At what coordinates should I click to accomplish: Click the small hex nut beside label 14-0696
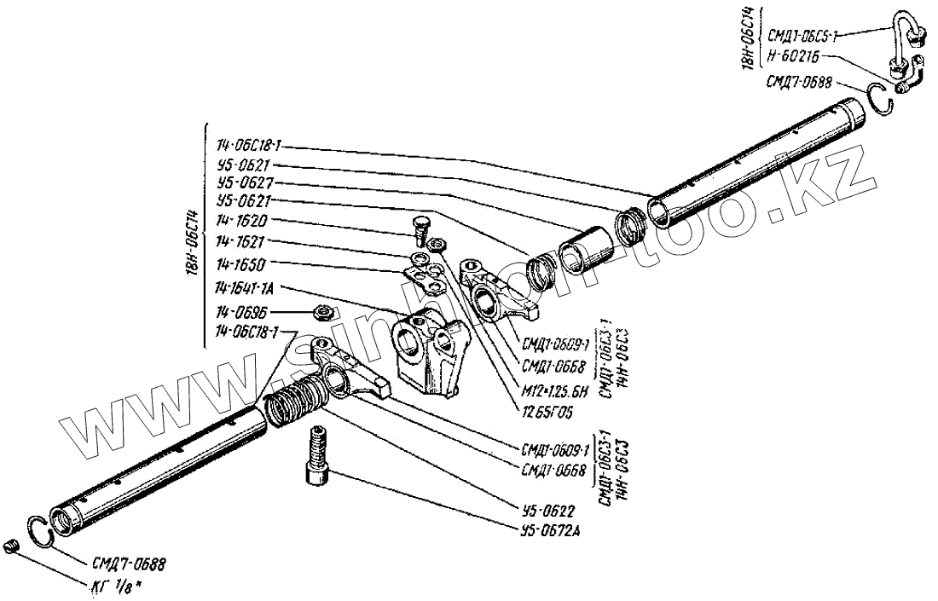tap(322, 312)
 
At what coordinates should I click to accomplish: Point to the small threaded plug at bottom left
tap(11, 546)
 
